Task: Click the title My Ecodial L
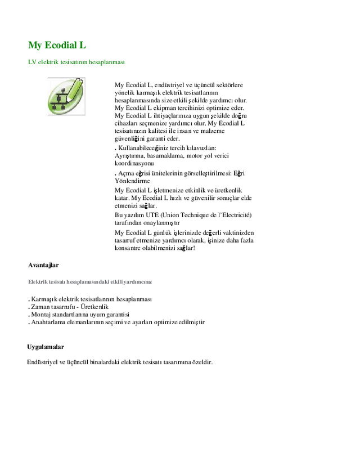(x=57, y=44)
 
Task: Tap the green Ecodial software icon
(x=66, y=96)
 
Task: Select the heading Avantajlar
(x=43, y=265)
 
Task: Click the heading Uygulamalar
(x=46, y=347)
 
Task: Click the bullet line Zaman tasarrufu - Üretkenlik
(x=69, y=307)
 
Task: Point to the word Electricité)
(x=234, y=216)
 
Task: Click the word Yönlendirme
(x=132, y=182)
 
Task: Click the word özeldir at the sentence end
(x=200, y=362)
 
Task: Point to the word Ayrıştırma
(x=130, y=155)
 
